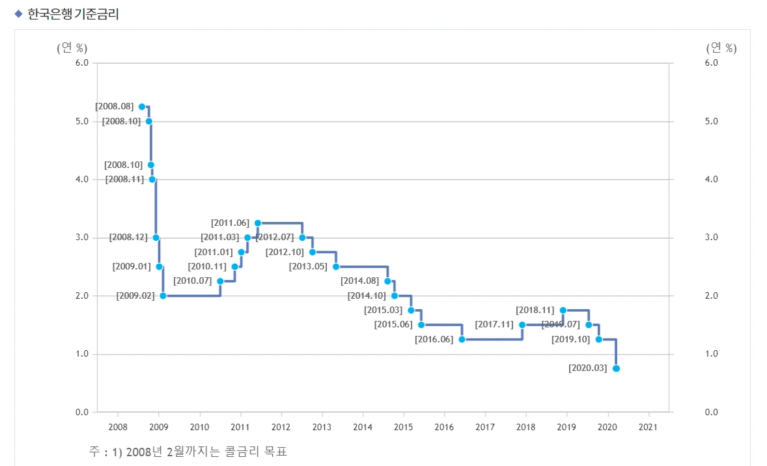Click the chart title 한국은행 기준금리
click(x=73, y=14)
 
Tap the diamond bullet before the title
click(x=18, y=14)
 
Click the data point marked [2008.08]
click(x=142, y=107)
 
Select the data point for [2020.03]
click(x=616, y=368)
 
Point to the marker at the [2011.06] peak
click(x=258, y=223)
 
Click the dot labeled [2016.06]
click(x=462, y=339)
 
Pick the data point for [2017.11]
click(x=522, y=325)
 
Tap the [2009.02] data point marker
click(x=163, y=295)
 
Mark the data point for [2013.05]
click(x=336, y=267)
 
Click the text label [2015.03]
click(x=383, y=310)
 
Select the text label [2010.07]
click(x=193, y=281)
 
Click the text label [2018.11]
click(x=535, y=310)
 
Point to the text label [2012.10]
click(x=285, y=252)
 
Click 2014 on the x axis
click(x=363, y=427)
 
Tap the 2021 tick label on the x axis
click(x=648, y=427)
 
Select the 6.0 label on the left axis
click(x=82, y=63)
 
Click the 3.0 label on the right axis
click(x=712, y=238)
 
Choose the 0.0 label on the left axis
click(x=82, y=412)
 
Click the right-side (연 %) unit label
click(x=721, y=48)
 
